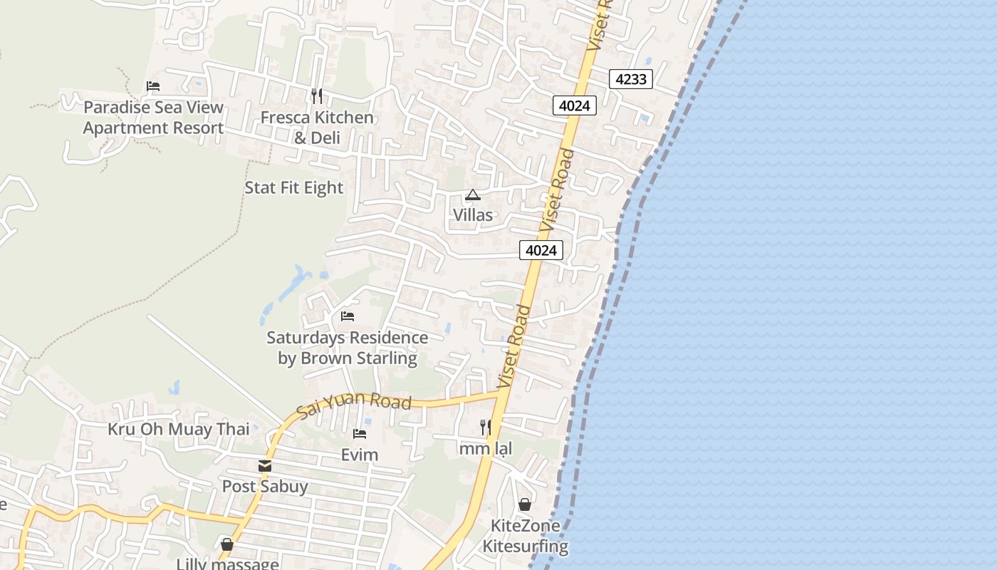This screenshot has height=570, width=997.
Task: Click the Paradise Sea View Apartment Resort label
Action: pos(153,118)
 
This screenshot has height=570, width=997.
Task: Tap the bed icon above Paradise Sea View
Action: pos(153,86)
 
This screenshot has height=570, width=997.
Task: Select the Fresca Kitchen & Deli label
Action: pos(317,128)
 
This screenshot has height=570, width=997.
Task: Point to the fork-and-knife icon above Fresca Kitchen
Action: pos(317,95)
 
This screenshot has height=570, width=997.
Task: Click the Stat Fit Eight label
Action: pos(293,188)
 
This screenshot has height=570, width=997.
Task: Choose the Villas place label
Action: pos(473,214)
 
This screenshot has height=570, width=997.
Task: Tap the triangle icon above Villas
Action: pos(473,195)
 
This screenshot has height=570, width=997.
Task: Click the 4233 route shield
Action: pos(631,79)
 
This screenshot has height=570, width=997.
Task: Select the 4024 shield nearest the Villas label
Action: pos(541,250)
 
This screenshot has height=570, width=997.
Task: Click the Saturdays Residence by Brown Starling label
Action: pos(348,348)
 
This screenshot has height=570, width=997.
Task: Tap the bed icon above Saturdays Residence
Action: pos(348,316)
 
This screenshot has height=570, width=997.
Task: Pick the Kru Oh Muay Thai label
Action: pos(179,429)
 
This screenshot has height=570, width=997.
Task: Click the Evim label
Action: pos(360,455)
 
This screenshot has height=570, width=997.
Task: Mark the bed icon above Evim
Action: pos(360,433)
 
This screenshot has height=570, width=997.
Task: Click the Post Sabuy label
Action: pos(265,487)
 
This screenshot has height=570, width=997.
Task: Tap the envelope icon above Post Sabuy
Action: pos(265,466)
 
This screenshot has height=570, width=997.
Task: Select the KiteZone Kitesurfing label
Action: pos(526,537)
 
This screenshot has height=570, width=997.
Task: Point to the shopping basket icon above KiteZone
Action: pos(525,504)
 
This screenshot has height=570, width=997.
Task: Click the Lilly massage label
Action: pos(228,564)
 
